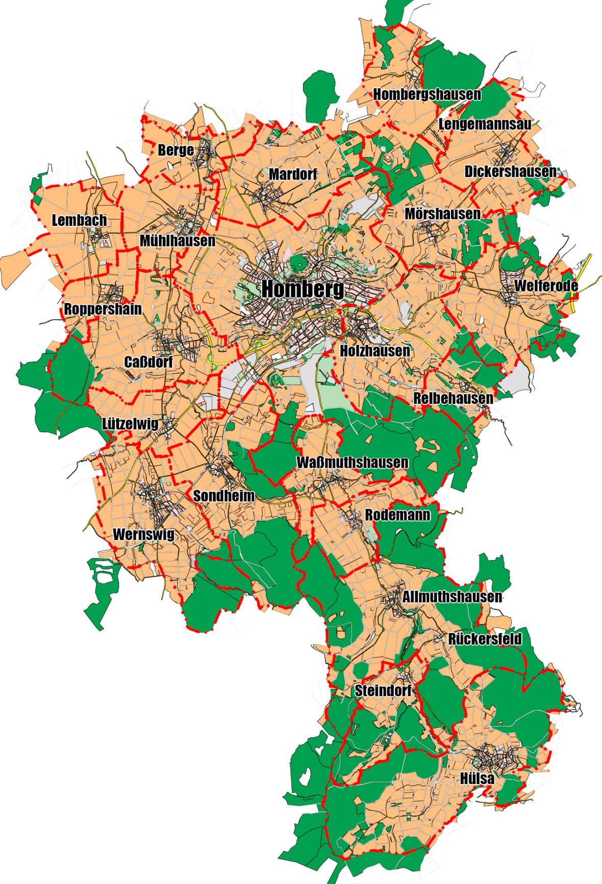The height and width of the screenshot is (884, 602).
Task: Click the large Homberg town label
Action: (x=303, y=290)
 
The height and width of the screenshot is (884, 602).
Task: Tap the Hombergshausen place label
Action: (x=427, y=94)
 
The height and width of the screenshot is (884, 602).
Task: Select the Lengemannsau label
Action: (x=485, y=124)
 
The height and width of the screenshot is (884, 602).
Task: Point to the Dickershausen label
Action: (x=511, y=171)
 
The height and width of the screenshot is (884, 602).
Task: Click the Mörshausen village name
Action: (x=442, y=214)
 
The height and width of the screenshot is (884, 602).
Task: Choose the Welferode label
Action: (x=546, y=286)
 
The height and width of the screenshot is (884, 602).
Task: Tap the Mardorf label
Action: (x=293, y=174)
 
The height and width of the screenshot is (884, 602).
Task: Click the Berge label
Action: (x=175, y=150)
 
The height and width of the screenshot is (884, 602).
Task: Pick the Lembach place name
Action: (x=80, y=220)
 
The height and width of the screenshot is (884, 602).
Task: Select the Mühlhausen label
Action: (x=177, y=241)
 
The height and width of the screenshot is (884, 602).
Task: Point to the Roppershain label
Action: (x=103, y=309)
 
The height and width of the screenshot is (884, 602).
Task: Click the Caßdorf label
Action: (x=148, y=362)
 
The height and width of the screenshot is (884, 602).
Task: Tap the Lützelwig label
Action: (x=130, y=424)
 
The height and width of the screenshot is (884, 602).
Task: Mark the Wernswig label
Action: (x=143, y=534)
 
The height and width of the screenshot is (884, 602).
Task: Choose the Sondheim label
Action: (x=223, y=495)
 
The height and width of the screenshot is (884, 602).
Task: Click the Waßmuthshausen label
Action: (x=353, y=463)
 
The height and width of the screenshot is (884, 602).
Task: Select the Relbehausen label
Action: (x=453, y=398)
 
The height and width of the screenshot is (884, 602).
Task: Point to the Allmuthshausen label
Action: (x=452, y=597)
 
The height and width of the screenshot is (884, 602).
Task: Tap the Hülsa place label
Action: (x=477, y=778)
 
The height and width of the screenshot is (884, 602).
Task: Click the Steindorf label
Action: (x=383, y=691)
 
